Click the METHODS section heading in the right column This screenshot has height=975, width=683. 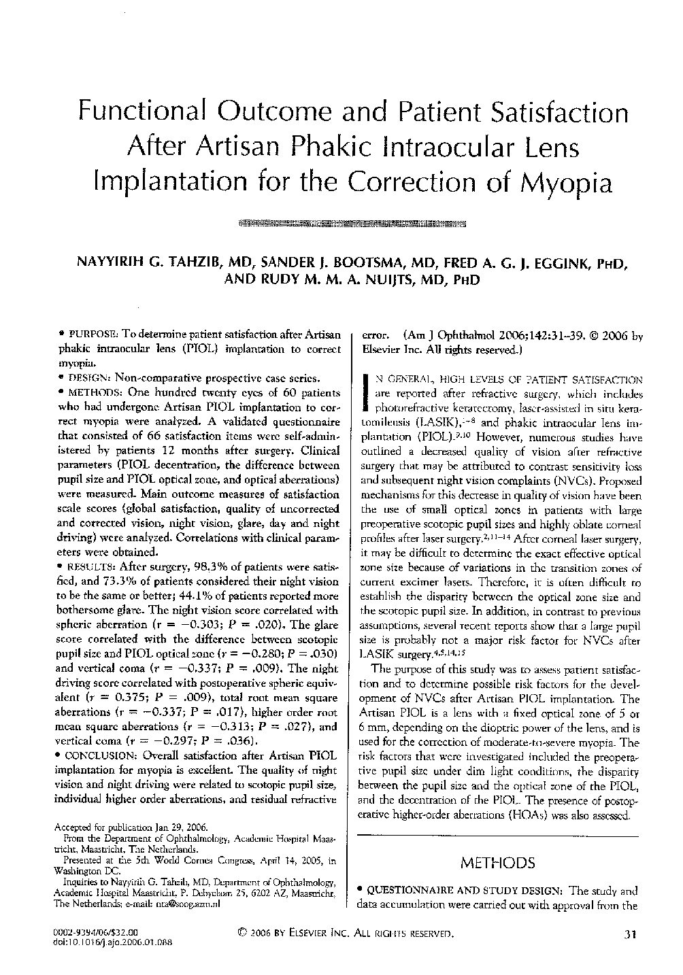497,863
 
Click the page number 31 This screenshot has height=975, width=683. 629,935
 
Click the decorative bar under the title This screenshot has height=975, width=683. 353,222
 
